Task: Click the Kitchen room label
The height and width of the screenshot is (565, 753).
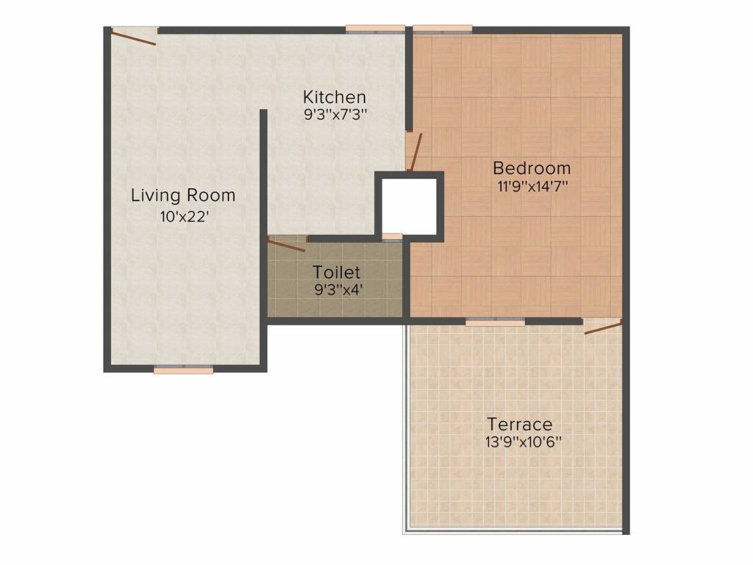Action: pyautogui.click(x=335, y=97)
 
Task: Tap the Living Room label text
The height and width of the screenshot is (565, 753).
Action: pyautogui.click(x=183, y=196)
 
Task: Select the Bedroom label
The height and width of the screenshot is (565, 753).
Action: pyautogui.click(x=532, y=168)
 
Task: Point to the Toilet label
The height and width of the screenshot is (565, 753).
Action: pyautogui.click(x=336, y=272)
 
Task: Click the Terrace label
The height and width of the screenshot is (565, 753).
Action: pyautogui.click(x=520, y=424)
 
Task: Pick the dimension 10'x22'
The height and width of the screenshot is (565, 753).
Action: pyautogui.click(x=184, y=217)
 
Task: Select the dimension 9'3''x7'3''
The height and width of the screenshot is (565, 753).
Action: pyautogui.click(x=335, y=115)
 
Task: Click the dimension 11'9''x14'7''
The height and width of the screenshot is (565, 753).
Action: pyautogui.click(x=532, y=186)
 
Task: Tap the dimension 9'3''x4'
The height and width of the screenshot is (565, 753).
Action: pyautogui.click(x=337, y=290)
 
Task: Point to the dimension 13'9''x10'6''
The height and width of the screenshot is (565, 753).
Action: pyautogui.click(x=523, y=441)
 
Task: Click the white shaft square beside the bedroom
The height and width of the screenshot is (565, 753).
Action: pyautogui.click(x=409, y=206)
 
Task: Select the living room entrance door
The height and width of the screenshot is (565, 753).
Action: pyautogui.click(x=134, y=36)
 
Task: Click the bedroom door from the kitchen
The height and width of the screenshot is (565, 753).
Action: pyautogui.click(x=414, y=151)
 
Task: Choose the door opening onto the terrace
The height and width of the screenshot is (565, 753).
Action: pyautogui.click(x=603, y=326)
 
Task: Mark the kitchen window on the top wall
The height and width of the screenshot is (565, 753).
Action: pyautogui.click(x=375, y=29)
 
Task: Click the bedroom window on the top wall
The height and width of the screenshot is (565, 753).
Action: pyautogui.click(x=442, y=29)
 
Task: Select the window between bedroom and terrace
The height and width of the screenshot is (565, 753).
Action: pyautogui.click(x=495, y=321)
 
